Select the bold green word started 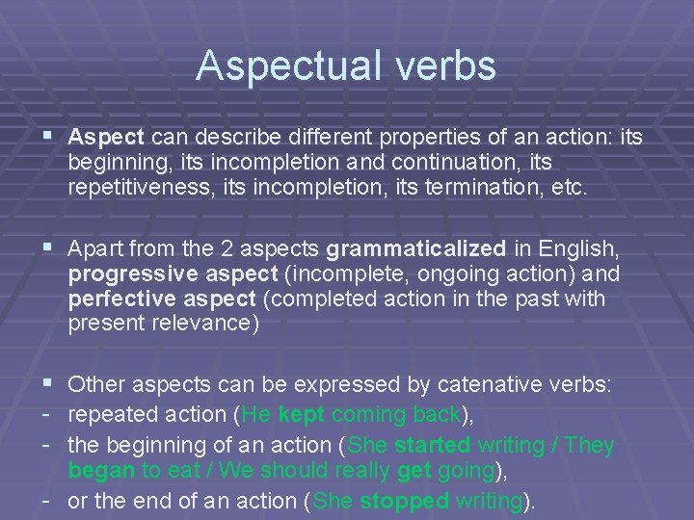(x=431, y=447)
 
